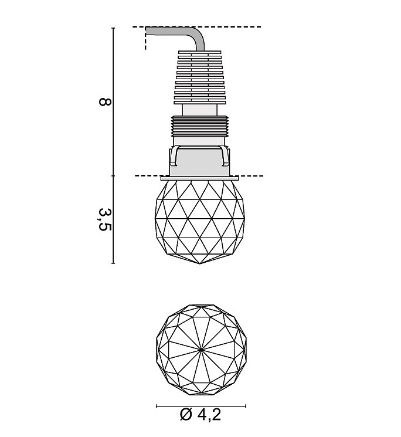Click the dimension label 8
[x=106, y=101]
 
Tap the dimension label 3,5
[x=105, y=219]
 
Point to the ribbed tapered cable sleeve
[x=200, y=77]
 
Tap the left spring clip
[x=174, y=157]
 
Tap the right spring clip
[x=225, y=157]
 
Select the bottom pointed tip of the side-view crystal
[x=200, y=263]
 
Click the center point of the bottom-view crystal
[x=201, y=350]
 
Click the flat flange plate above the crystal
[x=200, y=178]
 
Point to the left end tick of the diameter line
[x=157, y=406]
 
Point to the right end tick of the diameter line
[x=246, y=406]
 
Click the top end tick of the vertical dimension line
[x=113, y=28]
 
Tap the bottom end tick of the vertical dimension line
[x=113, y=263]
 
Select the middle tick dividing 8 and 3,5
[x=113, y=176]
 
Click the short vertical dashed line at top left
[x=145, y=39]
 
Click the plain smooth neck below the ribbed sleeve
[x=200, y=110]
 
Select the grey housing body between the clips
[x=200, y=162]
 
